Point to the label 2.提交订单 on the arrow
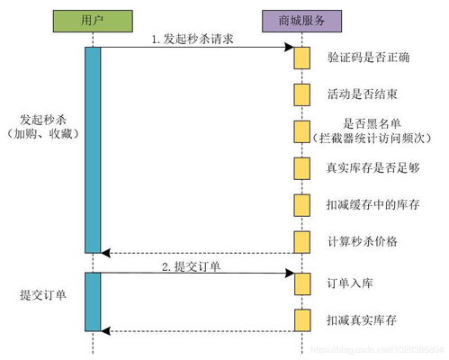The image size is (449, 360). (191, 266)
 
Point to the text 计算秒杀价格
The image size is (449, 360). (364, 240)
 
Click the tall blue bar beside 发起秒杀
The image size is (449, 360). (93, 148)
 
